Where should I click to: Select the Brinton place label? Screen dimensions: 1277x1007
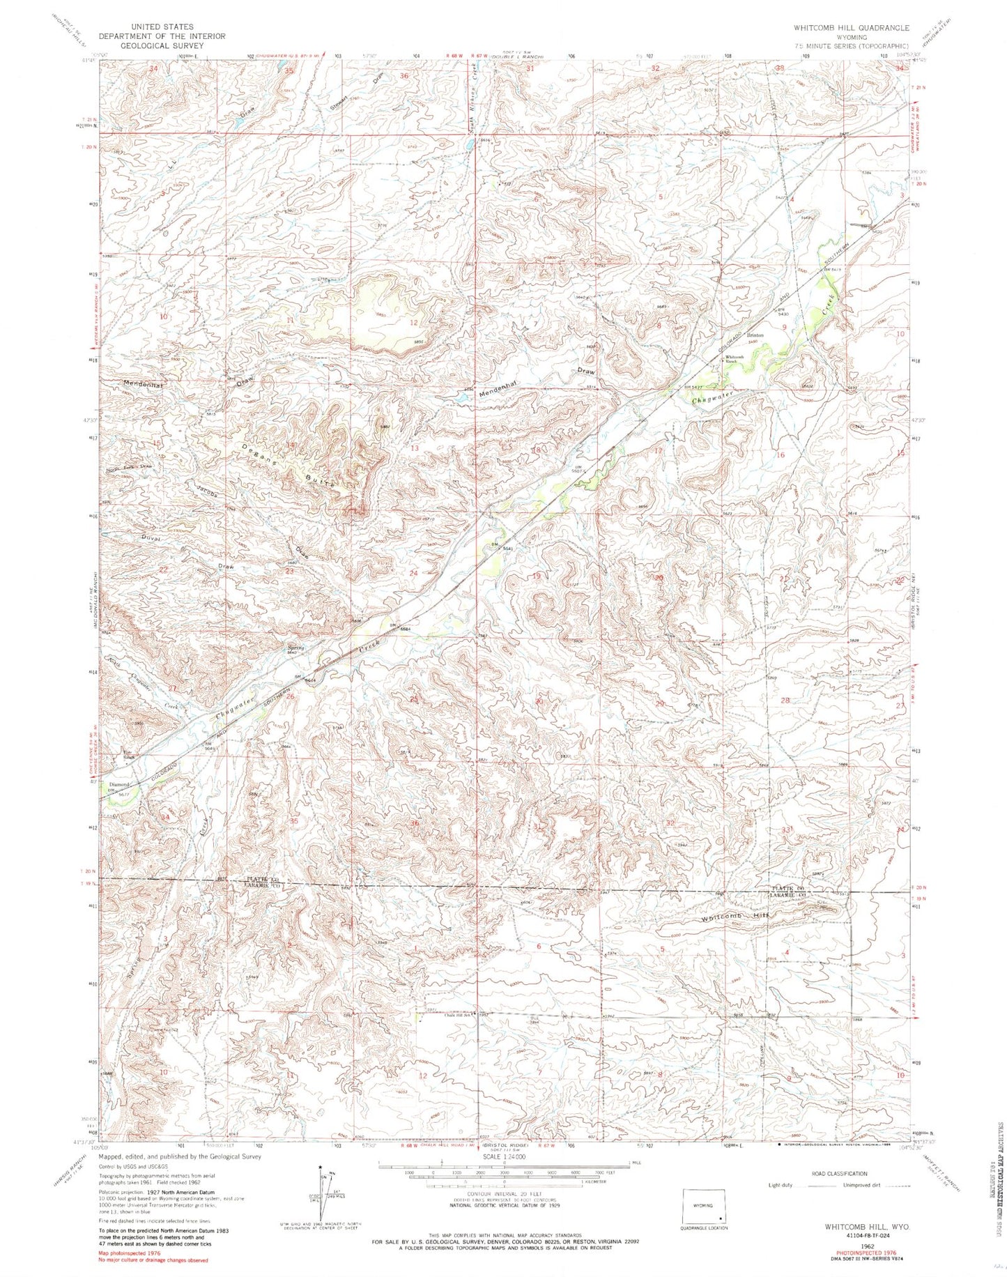[x=755, y=335]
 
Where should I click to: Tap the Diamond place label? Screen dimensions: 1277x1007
[x=120, y=785]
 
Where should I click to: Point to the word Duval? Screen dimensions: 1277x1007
[x=151, y=539]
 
